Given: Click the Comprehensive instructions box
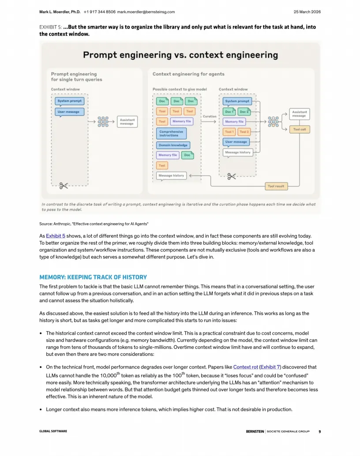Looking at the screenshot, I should coord(171,133).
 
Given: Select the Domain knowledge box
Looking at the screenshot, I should coord(173,145).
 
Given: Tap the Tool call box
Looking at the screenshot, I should coord(300,129).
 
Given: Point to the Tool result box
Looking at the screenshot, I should coord(276,186).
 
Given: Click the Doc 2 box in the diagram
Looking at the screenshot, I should coord(244,112).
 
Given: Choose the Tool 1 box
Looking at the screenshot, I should coord(229,132).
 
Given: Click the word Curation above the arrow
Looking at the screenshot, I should coord(210,116).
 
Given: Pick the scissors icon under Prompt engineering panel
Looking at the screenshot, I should coord(64,186).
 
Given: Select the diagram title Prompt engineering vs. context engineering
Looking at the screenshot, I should coord(180,55).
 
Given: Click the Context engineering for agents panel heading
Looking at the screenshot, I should coord(188,74).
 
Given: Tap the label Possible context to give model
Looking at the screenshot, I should coord(180,90).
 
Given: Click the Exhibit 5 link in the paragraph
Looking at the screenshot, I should coord(56,236).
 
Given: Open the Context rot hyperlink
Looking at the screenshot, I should coord(245,367).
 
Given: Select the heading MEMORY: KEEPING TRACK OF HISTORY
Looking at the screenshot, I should coord(93,277).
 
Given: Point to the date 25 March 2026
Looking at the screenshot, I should coord(307,12).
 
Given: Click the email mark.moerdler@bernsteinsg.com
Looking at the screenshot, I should coord(146,12).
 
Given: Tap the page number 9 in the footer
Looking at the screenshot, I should coord(319,431).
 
